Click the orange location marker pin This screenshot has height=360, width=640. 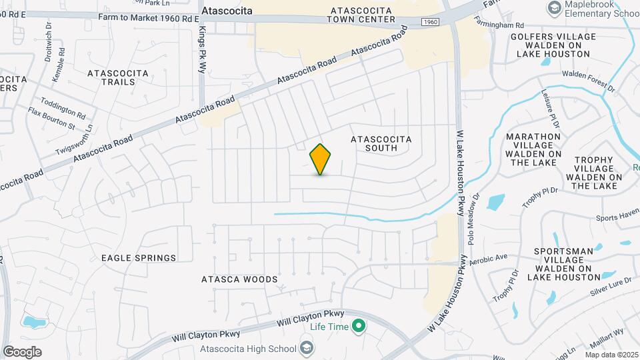[321, 159]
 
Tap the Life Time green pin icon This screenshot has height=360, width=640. [359, 327]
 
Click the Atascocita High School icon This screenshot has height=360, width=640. [306, 348]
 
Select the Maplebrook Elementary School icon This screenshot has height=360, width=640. [553, 8]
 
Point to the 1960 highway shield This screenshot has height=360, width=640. [430, 23]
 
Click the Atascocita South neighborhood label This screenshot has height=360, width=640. [381, 143]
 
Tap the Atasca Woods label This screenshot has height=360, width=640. [239, 279]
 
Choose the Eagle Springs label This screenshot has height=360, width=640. [139, 257]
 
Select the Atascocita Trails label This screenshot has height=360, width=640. [111, 77]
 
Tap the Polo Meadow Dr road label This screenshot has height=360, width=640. [475, 219]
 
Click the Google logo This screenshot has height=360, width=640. [22, 351]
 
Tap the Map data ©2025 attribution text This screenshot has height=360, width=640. [611, 355]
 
